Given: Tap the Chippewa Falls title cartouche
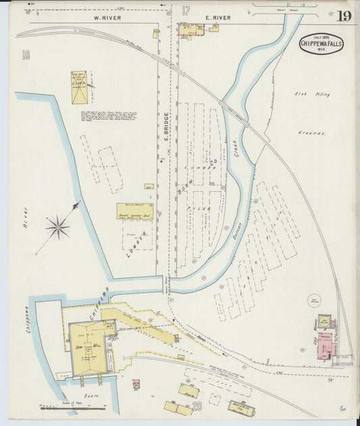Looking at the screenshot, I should [321, 43].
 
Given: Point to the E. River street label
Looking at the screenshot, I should [217, 18].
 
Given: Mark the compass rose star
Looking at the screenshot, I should [59, 227].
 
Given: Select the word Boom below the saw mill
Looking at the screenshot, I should [91, 395].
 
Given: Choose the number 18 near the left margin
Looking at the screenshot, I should [26, 55].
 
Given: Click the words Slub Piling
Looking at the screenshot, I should [313, 95].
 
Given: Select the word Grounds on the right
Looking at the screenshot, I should [311, 133].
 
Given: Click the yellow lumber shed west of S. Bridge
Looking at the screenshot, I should [134, 211].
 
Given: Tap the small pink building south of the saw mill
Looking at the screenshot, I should [136, 383].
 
